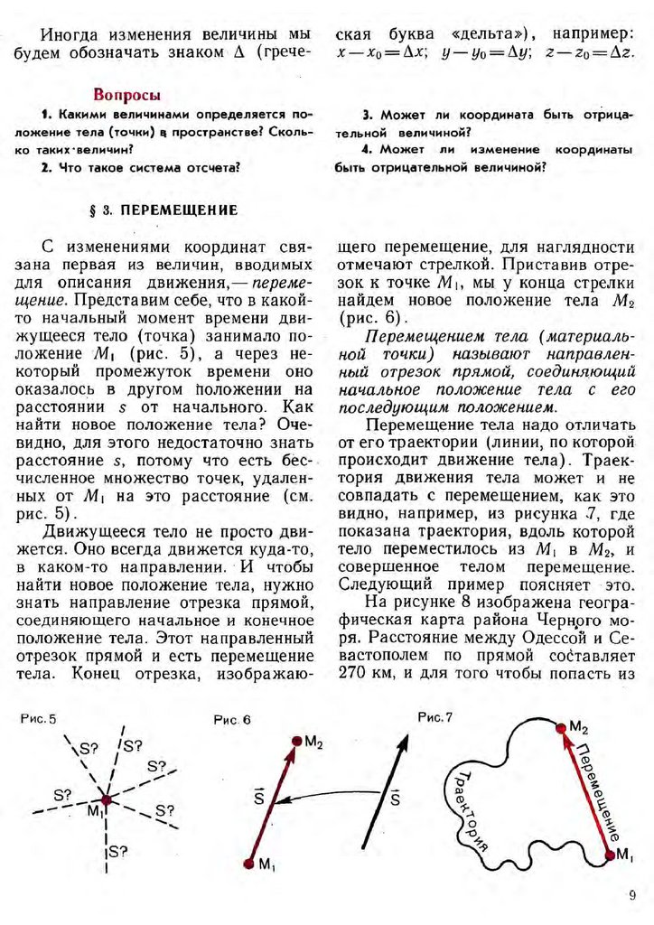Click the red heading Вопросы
point(127,95)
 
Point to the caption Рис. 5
point(37,719)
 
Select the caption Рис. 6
point(232,720)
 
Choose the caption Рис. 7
point(435,716)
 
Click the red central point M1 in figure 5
point(106,799)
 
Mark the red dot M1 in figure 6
point(248,864)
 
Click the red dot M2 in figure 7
point(559,727)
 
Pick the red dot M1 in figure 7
point(611,853)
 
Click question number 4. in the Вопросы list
point(367,149)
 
